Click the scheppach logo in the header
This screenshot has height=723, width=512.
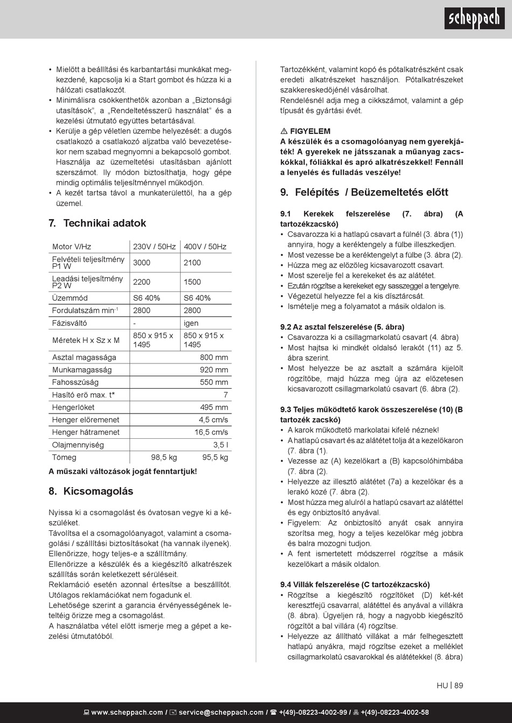(474, 18)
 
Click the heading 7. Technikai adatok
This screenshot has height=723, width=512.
(97, 223)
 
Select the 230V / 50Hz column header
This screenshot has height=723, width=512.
(154, 247)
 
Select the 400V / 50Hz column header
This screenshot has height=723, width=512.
(205, 247)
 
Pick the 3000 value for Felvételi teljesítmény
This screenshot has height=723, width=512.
(142, 263)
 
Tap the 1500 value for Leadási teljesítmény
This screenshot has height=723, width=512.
(192, 282)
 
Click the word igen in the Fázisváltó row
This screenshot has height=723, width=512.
(191, 323)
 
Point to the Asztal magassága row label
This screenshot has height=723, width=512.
(84, 357)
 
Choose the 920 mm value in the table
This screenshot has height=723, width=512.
(214, 370)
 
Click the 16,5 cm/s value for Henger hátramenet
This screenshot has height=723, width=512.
(211, 432)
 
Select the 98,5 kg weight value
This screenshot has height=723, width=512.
(164, 458)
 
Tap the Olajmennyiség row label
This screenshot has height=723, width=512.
(78, 445)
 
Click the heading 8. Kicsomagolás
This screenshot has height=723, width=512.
(91, 492)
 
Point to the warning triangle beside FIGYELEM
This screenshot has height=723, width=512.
(284, 131)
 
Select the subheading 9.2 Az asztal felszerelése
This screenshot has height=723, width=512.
(342, 327)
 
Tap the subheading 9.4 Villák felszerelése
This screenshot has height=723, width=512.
(355, 585)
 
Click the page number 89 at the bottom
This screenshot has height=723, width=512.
(459, 686)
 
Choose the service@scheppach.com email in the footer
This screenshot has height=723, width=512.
(221, 712)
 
